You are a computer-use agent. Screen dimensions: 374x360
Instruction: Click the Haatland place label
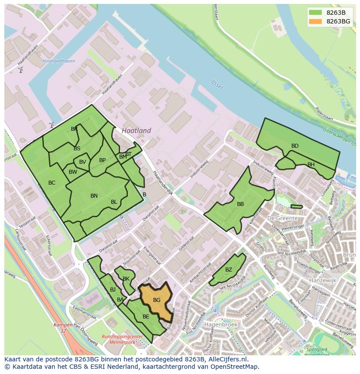coord(137,130)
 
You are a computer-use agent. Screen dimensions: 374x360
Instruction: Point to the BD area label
coord(295,146)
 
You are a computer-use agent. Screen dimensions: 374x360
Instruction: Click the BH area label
coord(311,165)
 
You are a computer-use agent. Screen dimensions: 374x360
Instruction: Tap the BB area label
coord(240,204)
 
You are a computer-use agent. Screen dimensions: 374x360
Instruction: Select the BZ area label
coord(229,270)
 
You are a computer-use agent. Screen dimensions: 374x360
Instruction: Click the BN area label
coord(94,196)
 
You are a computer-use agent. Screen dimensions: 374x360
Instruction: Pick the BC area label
coord(52,183)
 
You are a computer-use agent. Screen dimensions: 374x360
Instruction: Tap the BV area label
coord(83,162)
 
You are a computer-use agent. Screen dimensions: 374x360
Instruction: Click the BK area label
coord(126,279)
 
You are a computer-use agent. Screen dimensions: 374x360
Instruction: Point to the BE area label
coord(146,317)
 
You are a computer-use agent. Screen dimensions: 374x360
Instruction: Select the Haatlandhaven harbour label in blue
coord(56,61)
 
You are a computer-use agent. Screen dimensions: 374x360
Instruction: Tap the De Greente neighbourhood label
coord(283,218)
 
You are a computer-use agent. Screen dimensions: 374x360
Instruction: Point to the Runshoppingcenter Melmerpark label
coord(122,339)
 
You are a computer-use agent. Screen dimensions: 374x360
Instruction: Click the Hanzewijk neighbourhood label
coord(323,281)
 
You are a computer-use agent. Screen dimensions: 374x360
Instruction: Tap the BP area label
coord(103,160)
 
